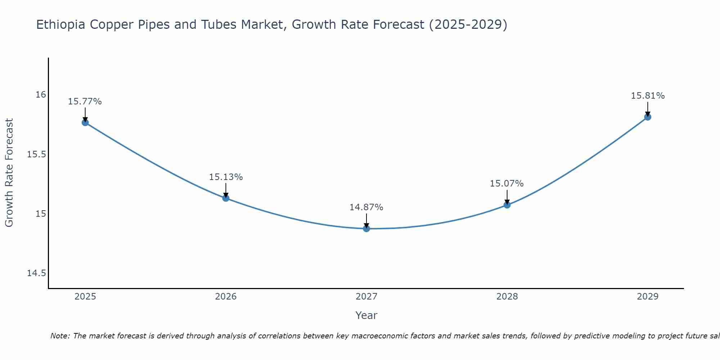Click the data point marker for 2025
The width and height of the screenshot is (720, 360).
click(x=85, y=122)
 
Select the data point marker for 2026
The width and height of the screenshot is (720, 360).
click(x=226, y=198)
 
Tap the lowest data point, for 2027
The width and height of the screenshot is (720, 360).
click(x=366, y=229)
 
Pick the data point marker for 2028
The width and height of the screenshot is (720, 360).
click(x=507, y=205)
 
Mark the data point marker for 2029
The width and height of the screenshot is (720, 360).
click(x=648, y=117)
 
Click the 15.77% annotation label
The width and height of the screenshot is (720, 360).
click(x=85, y=102)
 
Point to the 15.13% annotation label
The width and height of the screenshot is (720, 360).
click(x=226, y=177)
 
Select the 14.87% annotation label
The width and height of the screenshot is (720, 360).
click(x=366, y=207)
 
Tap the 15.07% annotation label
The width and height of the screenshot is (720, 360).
click(x=507, y=184)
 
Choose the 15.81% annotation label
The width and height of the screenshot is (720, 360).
click(x=648, y=96)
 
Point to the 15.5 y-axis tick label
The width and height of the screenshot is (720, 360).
click(x=37, y=154)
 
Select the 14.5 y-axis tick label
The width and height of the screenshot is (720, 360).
click(x=37, y=273)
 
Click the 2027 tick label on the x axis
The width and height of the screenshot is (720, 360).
click(x=366, y=297)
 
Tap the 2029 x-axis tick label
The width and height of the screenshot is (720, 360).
click(x=648, y=297)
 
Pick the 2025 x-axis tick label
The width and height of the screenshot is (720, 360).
click(x=85, y=297)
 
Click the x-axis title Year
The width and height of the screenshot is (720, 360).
click(x=366, y=315)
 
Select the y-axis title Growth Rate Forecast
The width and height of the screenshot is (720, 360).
click(x=9, y=173)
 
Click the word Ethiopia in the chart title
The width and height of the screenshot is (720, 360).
click(x=61, y=25)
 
